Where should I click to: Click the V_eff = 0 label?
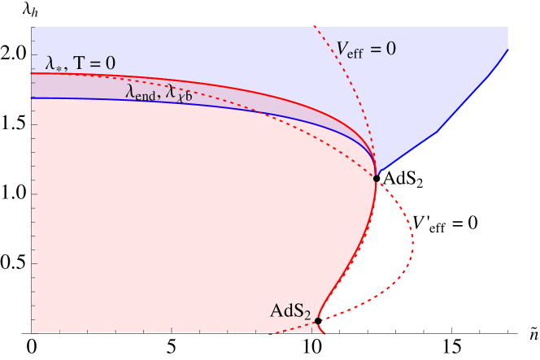pos(368,50)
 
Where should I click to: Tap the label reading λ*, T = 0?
pos(81,63)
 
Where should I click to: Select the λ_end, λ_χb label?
pos(159,93)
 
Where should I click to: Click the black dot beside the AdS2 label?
pos(319,320)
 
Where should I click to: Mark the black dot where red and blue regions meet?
pos(376,177)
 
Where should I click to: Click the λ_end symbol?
pos(138,93)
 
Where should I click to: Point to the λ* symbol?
pos(51,63)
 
